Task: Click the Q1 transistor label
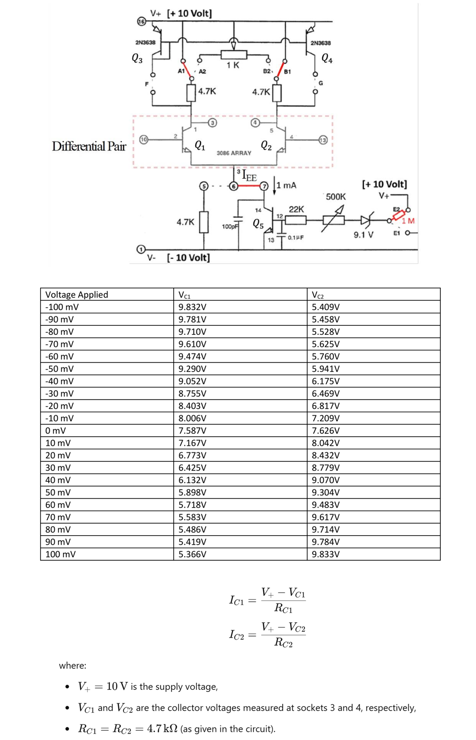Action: pyautogui.click(x=199, y=146)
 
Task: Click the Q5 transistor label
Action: pyautogui.click(x=258, y=223)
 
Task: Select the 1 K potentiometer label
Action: pyautogui.click(x=232, y=65)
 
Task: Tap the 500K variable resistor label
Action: pyautogui.click(x=335, y=197)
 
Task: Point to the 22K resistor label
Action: pyautogui.click(x=296, y=209)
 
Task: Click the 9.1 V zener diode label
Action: pyautogui.click(x=363, y=235)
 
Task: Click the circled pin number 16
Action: pyautogui.click(x=142, y=22)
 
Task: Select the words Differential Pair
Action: pyautogui.click(x=89, y=146)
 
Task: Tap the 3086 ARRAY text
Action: pyautogui.click(x=234, y=153)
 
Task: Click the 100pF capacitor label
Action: pyautogui.click(x=229, y=227)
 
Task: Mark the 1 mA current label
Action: pyautogui.click(x=286, y=185)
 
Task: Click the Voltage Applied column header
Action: pyautogui.click(x=76, y=295)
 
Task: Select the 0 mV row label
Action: pyautogui.click(x=55, y=431)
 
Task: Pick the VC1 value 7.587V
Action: pyautogui.click(x=192, y=431)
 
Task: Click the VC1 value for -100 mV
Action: pyautogui.click(x=192, y=307)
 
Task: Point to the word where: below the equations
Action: pyautogui.click(x=72, y=666)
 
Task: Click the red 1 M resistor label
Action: pyautogui.click(x=408, y=221)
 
